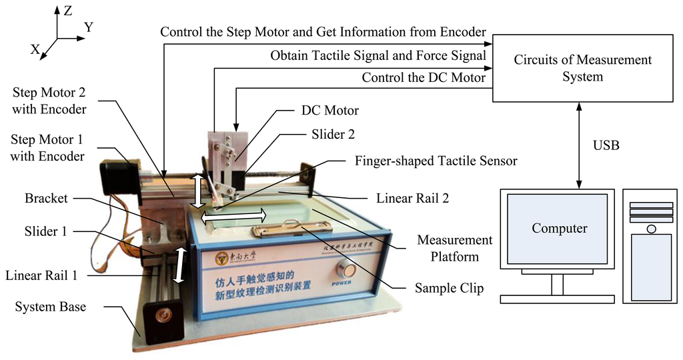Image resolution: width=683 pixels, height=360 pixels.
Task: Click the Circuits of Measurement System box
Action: (582, 68)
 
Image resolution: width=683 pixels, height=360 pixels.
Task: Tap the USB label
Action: (605, 145)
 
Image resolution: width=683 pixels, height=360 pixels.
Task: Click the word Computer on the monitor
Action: (559, 229)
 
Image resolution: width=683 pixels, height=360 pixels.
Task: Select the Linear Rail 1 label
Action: (44, 275)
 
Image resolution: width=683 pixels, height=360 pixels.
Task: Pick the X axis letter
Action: (35, 49)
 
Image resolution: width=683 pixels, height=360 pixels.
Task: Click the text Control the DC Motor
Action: (424, 78)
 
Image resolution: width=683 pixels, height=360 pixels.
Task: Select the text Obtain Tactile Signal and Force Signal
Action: (378, 56)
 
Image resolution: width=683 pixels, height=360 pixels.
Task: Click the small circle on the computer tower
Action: (651, 228)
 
